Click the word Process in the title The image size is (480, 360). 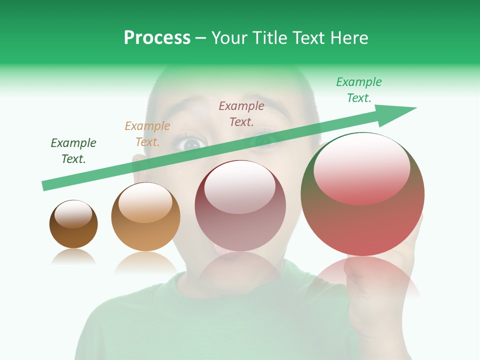click(x=157, y=38)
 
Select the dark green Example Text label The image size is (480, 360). click(x=73, y=151)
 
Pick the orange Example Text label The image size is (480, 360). click(x=147, y=134)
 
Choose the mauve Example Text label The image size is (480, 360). click(x=241, y=114)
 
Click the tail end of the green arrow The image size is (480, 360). click(x=43, y=186)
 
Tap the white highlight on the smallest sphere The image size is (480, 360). click(x=73, y=214)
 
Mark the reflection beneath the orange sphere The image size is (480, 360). click(x=145, y=262)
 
